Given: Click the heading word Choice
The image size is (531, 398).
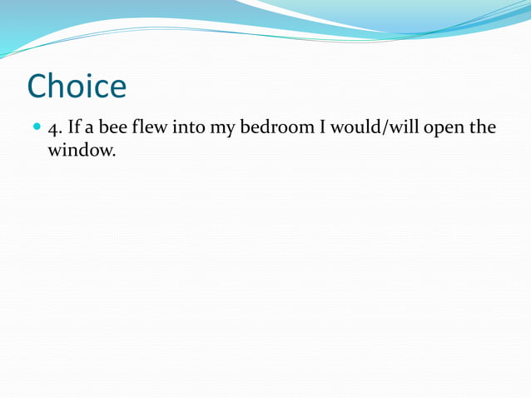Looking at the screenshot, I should pyautogui.click(x=77, y=87).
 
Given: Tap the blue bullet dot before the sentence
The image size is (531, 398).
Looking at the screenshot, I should pyautogui.click(x=35, y=130).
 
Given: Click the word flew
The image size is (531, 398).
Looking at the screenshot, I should pyautogui.click(x=151, y=129).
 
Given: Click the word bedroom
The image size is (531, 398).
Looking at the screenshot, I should pyautogui.click(x=277, y=129).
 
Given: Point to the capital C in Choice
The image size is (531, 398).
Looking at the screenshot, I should pyautogui.click(x=39, y=87).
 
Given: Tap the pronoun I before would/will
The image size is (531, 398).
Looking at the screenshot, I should pyautogui.click(x=321, y=129).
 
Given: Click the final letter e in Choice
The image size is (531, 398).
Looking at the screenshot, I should pyautogui.click(x=117, y=89).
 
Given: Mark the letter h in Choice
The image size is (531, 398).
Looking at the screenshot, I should pyautogui.click(x=61, y=86).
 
